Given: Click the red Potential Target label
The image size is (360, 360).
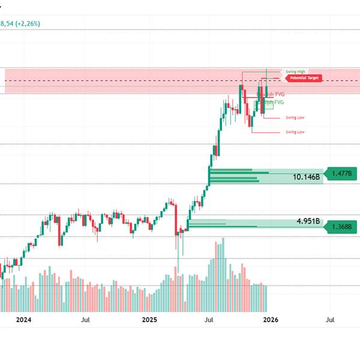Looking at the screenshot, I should pyautogui.click(x=304, y=78).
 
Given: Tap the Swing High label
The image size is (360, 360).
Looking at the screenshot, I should pyautogui.click(x=295, y=71).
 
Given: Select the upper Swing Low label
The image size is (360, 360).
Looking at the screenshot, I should pyautogui.click(x=295, y=118).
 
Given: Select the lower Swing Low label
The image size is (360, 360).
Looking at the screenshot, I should pyautogui.click(x=295, y=131).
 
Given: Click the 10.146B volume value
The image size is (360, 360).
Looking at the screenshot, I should pyautogui.click(x=306, y=178).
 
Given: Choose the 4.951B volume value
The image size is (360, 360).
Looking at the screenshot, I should pyautogui.click(x=308, y=221).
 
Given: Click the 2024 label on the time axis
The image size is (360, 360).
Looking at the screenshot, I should pyautogui.click(x=23, y=320).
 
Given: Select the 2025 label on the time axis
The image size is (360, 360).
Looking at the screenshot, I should pyautogui.click(x=150, y=320).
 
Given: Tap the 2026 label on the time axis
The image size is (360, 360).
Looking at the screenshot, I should pyautogui.click(x=271, y=320).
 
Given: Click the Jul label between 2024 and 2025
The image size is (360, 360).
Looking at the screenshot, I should pyautogui.click(x=86, y=320).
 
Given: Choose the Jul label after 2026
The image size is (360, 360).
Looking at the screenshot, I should pyautogui.click(x=330, y=320).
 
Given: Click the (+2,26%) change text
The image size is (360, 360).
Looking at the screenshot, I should pyautogui.click(x=28, y=24).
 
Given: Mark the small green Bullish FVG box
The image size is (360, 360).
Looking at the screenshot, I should pyautogui.click(x=268, y=106).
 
